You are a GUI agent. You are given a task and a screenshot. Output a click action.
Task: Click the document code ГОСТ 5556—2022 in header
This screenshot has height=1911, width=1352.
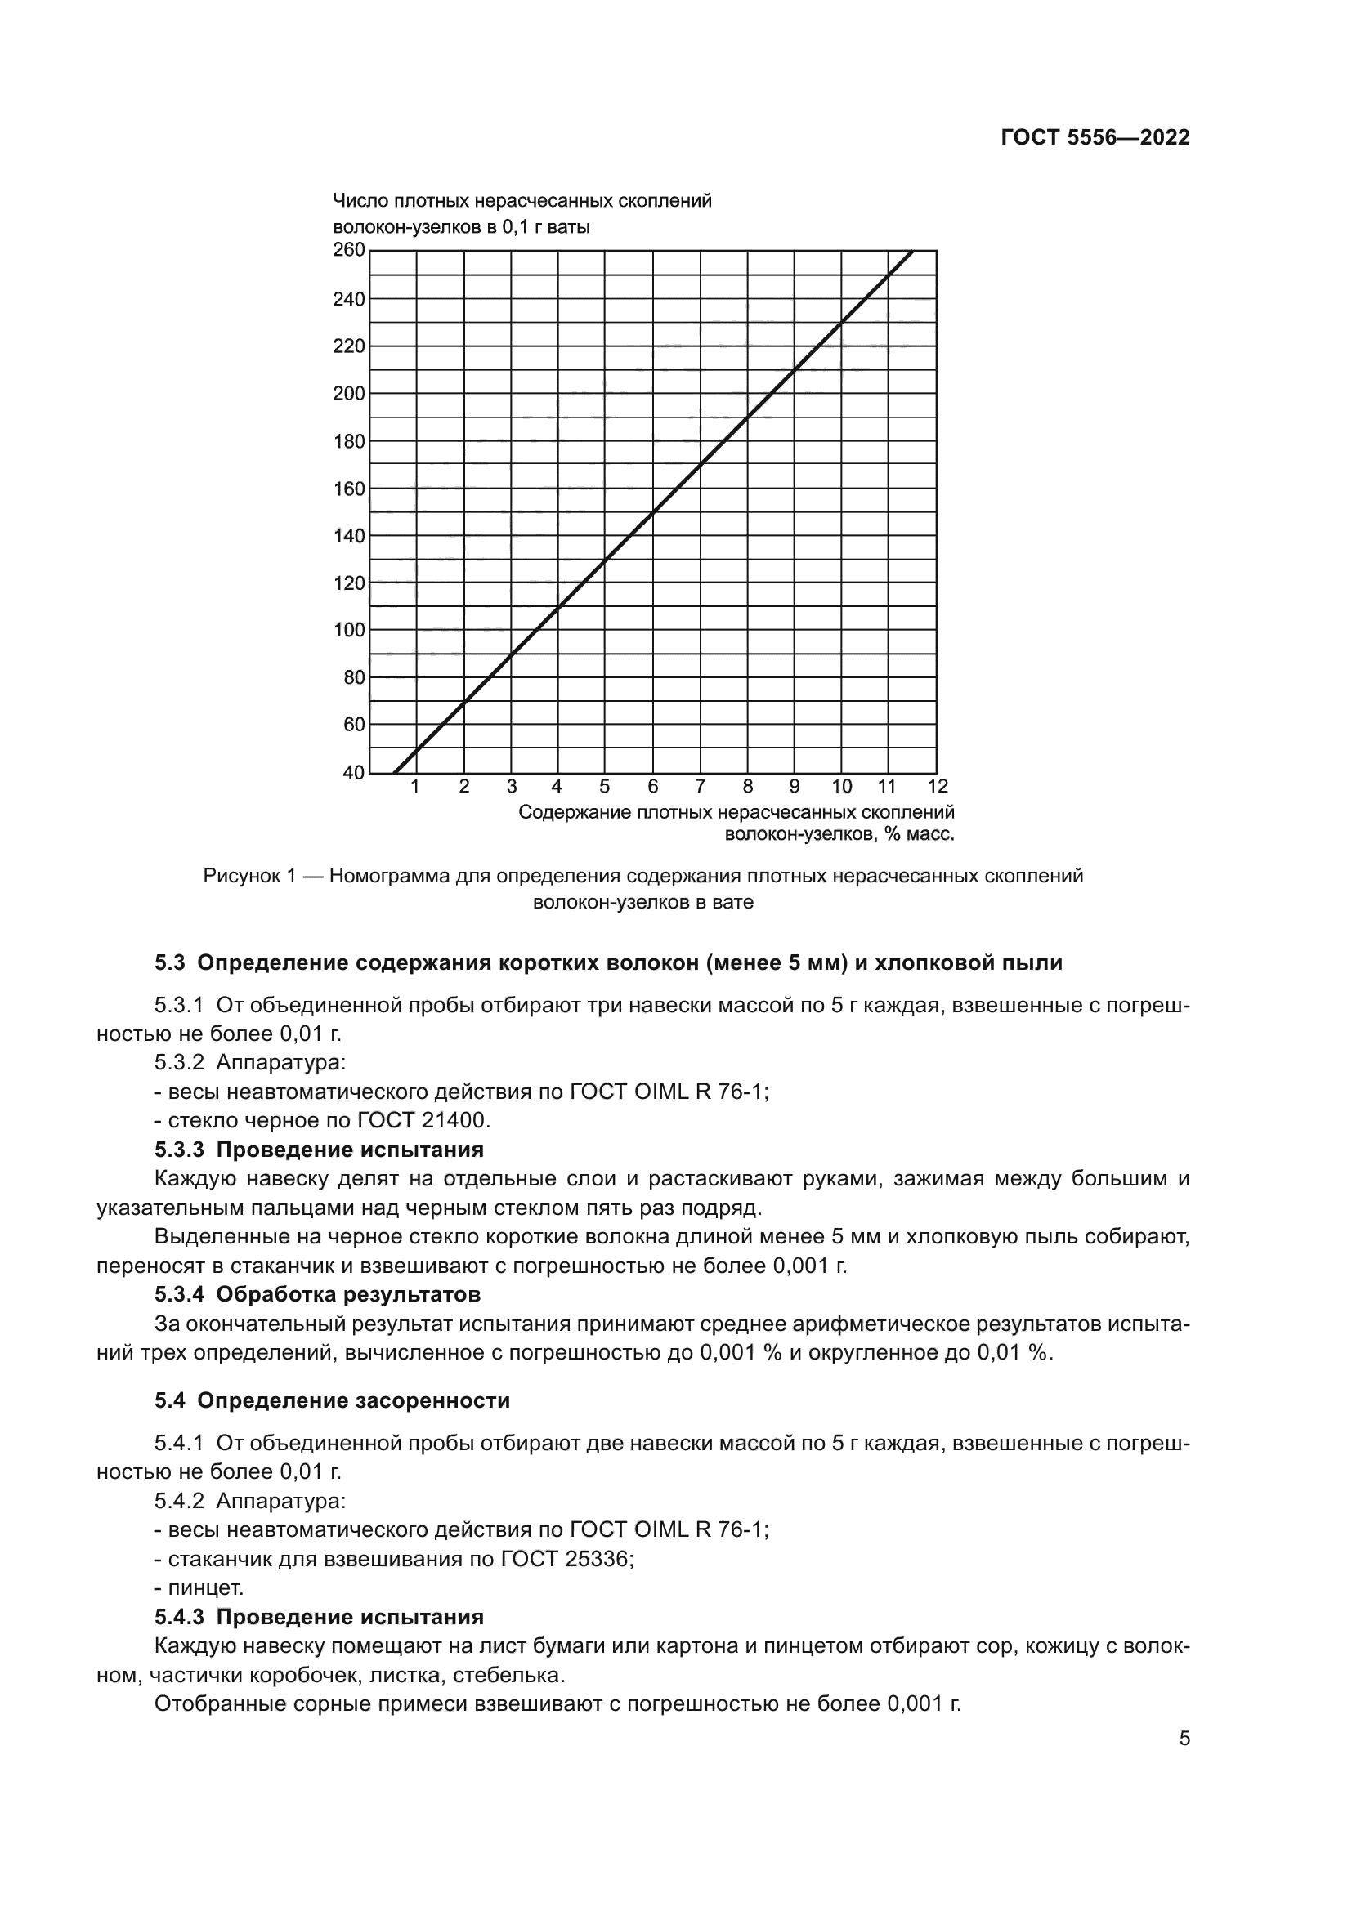point(1095,138)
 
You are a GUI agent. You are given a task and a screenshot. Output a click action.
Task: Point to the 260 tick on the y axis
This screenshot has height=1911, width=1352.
point(349,250)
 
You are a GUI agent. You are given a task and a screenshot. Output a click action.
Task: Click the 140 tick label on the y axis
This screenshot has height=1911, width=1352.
point(349,536)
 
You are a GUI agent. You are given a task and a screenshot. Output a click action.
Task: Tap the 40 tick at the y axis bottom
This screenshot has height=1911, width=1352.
point(354,772)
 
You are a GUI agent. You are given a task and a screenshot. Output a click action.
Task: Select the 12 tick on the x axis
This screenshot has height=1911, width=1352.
point(938,787)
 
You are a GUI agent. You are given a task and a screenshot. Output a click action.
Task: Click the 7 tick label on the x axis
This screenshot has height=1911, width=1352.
point(701,787)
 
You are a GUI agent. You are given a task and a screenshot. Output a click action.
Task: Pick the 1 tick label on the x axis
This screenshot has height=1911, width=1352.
point(415,787)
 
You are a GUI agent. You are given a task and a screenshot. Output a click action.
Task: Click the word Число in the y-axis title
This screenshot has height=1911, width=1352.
point(360,202)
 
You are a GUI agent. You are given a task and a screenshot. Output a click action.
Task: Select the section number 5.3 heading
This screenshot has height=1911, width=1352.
point(169,964)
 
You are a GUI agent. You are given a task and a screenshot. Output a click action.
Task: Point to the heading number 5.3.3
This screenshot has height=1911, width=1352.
point(179,1150)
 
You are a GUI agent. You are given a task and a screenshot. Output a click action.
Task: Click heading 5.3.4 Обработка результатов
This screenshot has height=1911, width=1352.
point(317,1294)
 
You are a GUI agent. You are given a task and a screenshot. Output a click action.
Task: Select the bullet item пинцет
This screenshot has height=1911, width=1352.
point(205,1588)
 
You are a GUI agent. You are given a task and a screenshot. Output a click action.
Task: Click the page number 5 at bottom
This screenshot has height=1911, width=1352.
point(1184,1739)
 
